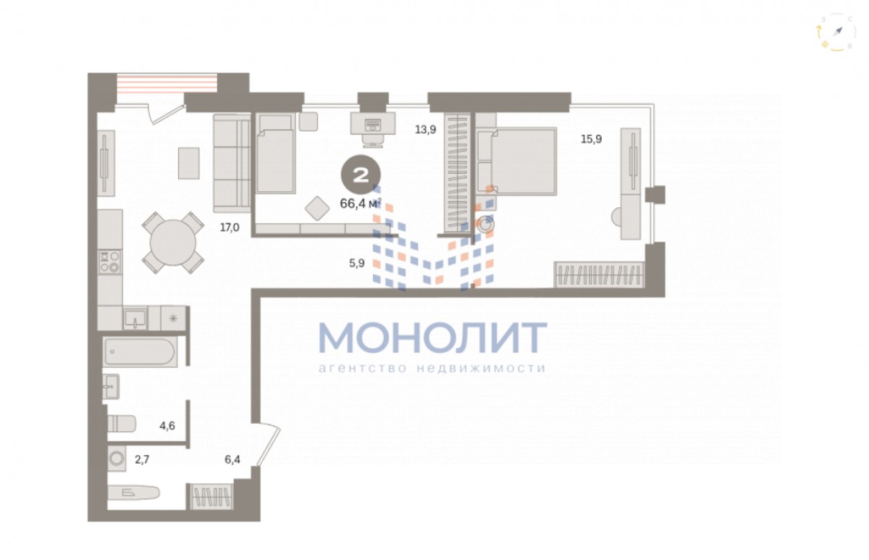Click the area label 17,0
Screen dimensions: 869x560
pyautogui.click(x=230, y=227)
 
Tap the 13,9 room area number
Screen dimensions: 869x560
pyautogui.click(x=426, y=130)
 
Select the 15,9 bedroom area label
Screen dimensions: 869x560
pyautogui.click(x=591, y=139)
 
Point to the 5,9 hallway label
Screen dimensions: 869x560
pyautogui.click(x=357, y=263)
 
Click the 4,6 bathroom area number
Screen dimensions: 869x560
pyautogui.click(x=167, y=426)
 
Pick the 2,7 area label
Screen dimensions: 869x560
pyautogui.click(x=142, y=459)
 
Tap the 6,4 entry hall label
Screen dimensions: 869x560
pyautogui.click(x=232, y=459)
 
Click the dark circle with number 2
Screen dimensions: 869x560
pyautogui.click(x=361, y=175)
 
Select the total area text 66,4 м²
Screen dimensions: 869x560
pyautogui.click(x=361, y=204)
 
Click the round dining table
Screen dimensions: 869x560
pyautogui.click(x=172, y=243)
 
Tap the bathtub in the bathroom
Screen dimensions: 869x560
pyautogui.click(x=140, y=351)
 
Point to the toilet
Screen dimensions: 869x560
pyautogui.click(x=122, y=423)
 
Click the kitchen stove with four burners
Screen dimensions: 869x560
pyautogui.click(x=110, y=262)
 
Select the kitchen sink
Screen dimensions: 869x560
pyautogui.click(x=135, y=319)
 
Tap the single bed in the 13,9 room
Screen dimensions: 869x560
pyautogui.click(x=275, y=153)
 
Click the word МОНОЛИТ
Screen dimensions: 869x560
pyautogui.click(x=432, y=338)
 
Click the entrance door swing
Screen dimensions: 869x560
pyautogui.click(x=267, y=446)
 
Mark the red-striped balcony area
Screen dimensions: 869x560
pyautogui.click(x=167, y=84)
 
